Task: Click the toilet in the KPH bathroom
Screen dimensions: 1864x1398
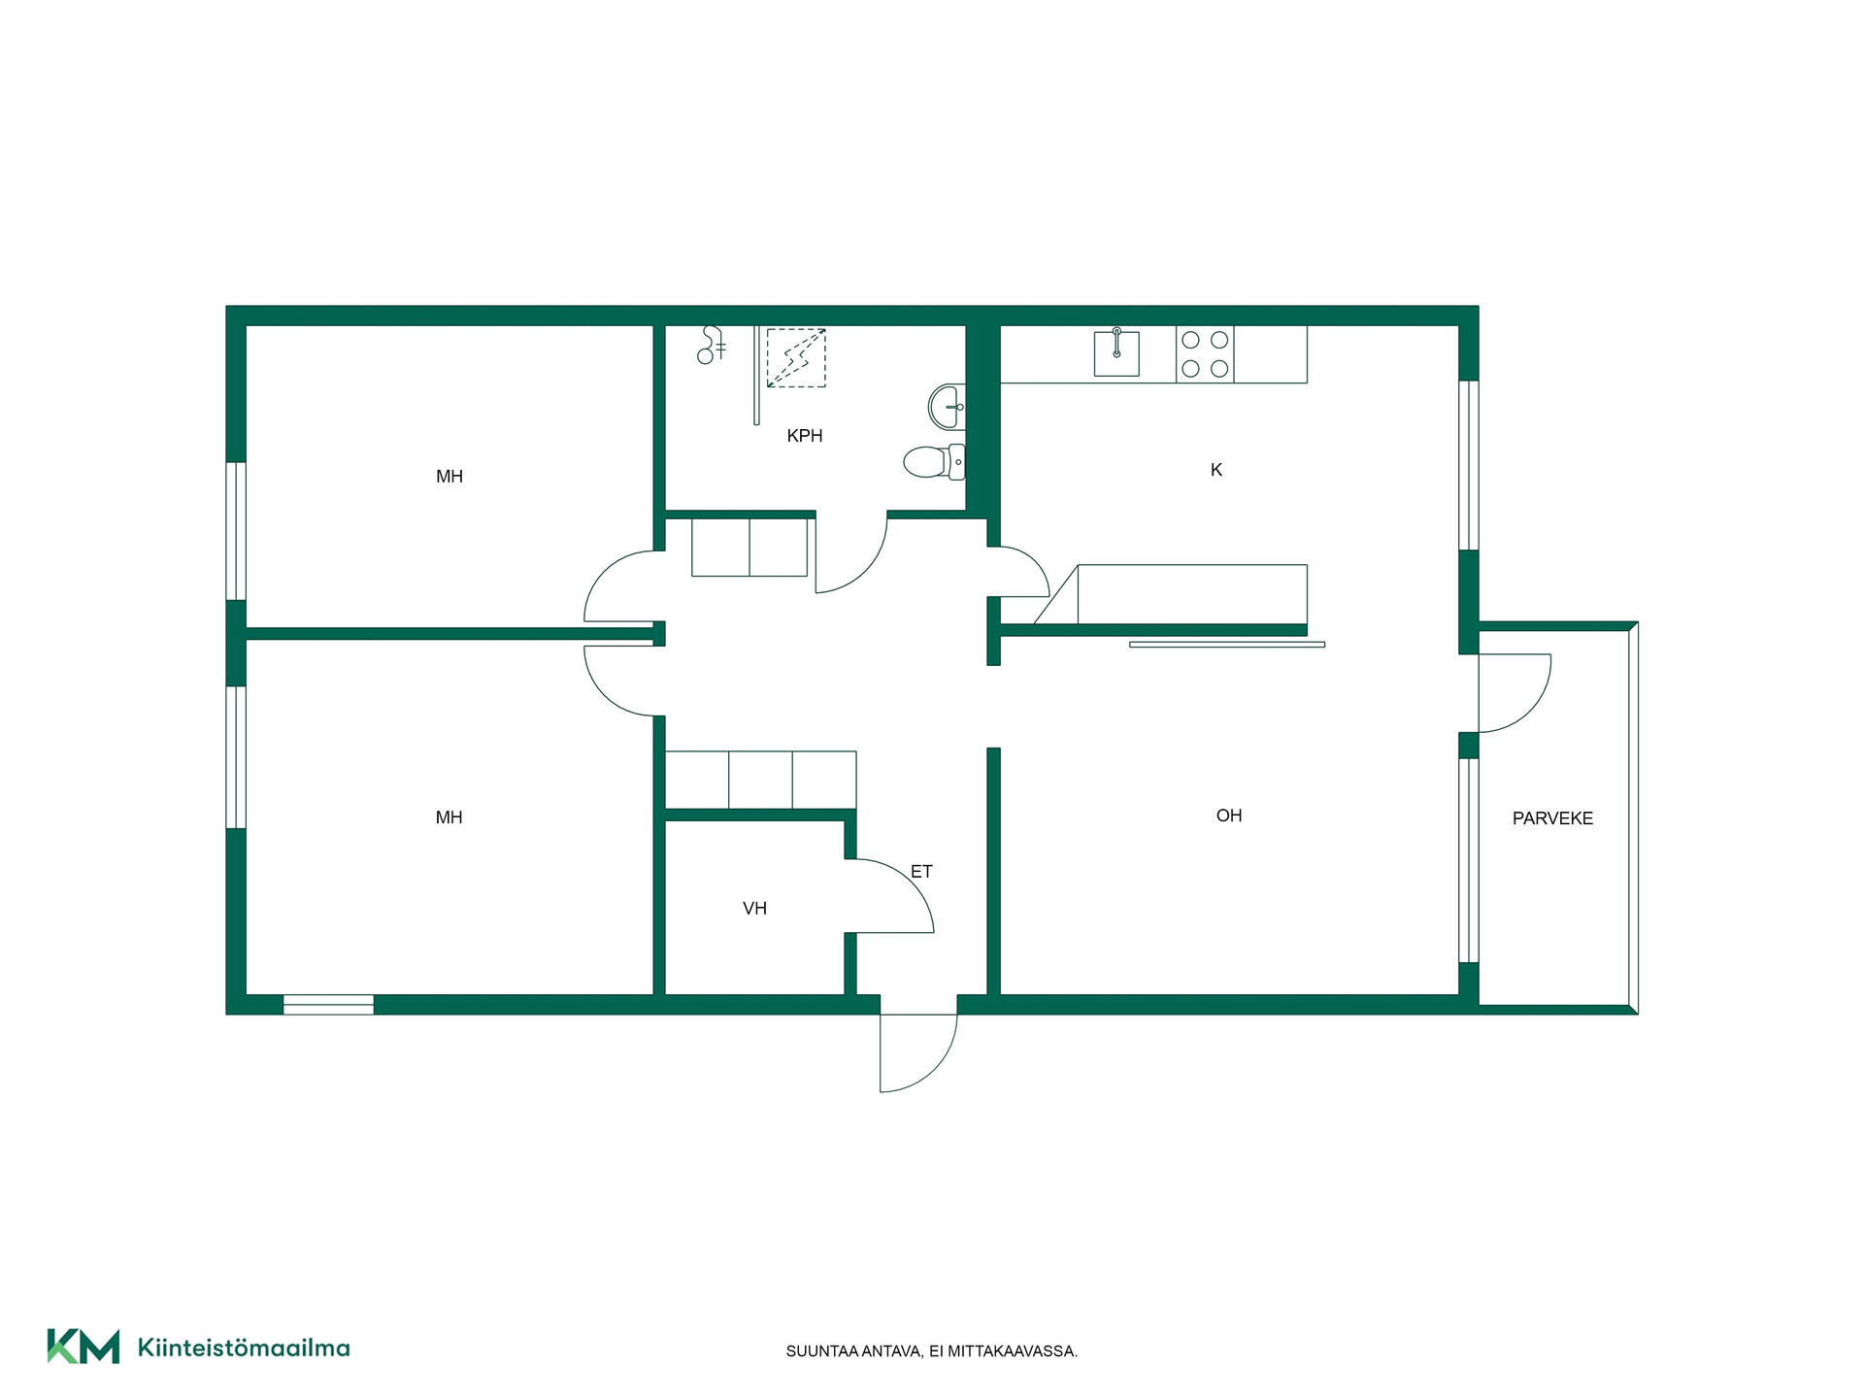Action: click(934, 462)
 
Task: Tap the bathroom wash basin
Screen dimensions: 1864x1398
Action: click(947, 407)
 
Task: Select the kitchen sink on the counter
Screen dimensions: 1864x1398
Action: click(1116, 352)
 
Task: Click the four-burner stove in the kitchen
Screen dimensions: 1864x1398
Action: click(1205, 354)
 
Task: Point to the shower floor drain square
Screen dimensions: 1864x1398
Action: click(796, 358)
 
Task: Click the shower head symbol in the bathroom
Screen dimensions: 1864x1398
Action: click(712, 345)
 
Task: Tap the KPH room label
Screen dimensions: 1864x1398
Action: click(805, 436)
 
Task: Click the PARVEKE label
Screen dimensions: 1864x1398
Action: click(1552, 818)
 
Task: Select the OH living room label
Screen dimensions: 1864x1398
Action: click(1229, 815)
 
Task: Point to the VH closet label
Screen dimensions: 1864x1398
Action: click(754, 909)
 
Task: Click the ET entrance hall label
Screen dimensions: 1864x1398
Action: click(921, 872)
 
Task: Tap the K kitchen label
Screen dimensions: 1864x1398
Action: click(1216, 470)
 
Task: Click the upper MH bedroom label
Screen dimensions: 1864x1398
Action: click(449, 477)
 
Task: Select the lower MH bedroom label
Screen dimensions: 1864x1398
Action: click(449, 817)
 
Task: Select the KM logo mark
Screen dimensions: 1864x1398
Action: click(83, 1347)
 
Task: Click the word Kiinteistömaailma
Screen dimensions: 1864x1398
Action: click(244, 1348)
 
